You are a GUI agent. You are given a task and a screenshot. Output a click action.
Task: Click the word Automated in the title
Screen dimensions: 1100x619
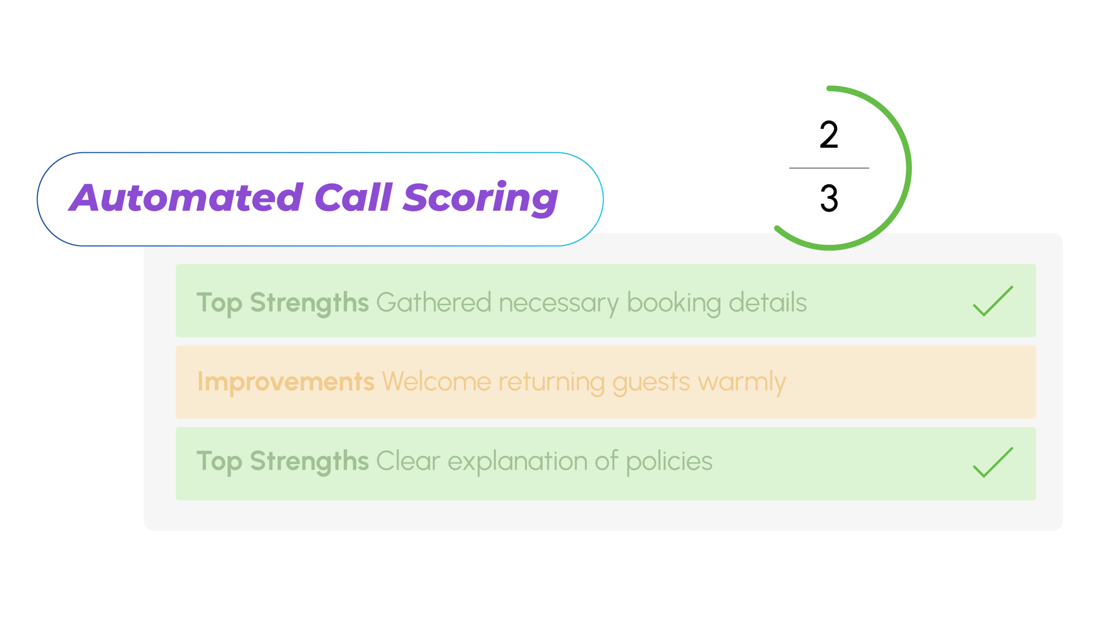186,197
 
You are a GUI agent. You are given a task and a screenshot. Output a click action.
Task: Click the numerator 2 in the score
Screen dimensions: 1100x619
829,135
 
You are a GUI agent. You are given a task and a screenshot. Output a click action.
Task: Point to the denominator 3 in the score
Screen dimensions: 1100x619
829,198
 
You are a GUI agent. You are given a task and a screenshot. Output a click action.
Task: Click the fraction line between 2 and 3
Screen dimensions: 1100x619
829,168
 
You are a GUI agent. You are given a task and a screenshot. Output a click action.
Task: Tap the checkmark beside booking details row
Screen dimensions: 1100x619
993,301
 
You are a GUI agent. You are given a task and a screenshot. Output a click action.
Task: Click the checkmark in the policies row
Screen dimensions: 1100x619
993,462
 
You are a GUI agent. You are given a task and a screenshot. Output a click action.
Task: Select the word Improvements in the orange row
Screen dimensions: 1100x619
286,382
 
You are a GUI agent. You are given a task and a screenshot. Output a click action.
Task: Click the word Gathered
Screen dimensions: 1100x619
434,302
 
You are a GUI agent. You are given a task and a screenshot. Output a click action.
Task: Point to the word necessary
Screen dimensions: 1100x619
559,305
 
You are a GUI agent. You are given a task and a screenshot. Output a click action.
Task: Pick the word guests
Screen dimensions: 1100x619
651,383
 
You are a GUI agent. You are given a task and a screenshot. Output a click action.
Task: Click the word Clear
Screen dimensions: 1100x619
409,461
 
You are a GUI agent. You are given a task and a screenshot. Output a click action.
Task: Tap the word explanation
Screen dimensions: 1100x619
518,463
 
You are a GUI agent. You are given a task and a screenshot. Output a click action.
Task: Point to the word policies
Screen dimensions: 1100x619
669,463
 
